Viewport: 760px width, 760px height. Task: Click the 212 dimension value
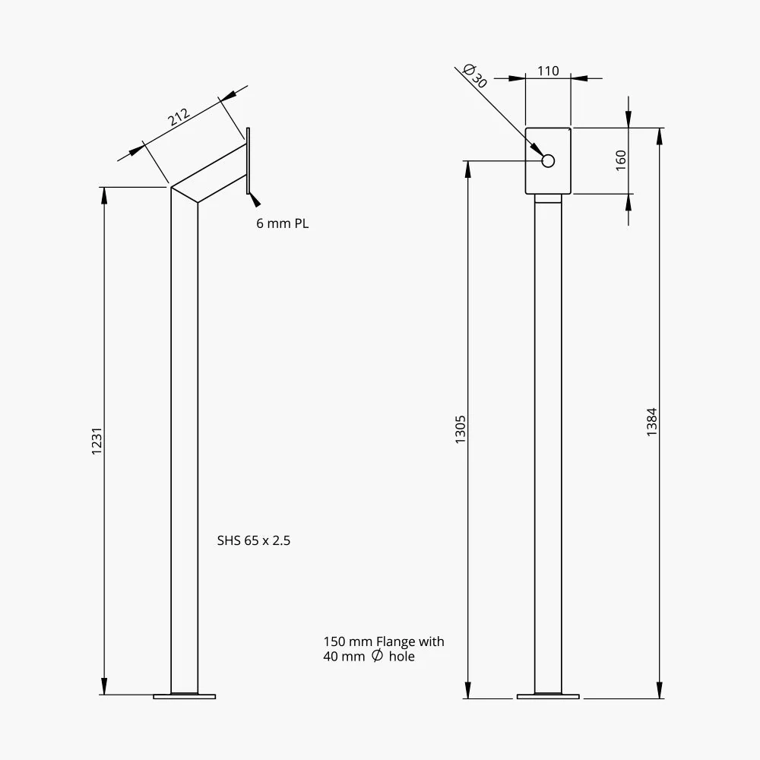point(179,117)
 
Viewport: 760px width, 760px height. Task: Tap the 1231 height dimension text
point(97,441)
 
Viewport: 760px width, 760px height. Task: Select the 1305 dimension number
point(460,429)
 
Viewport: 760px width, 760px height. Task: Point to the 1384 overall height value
point(652,422)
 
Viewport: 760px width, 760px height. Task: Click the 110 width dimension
point(548,71)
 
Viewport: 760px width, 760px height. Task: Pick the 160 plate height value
point(621,160)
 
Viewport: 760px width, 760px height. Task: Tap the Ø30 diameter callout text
point(474,76)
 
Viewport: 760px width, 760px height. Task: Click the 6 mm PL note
point(282,223)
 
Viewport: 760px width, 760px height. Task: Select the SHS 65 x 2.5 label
point(254,540)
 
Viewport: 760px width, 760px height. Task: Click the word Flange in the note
point(396,641)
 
